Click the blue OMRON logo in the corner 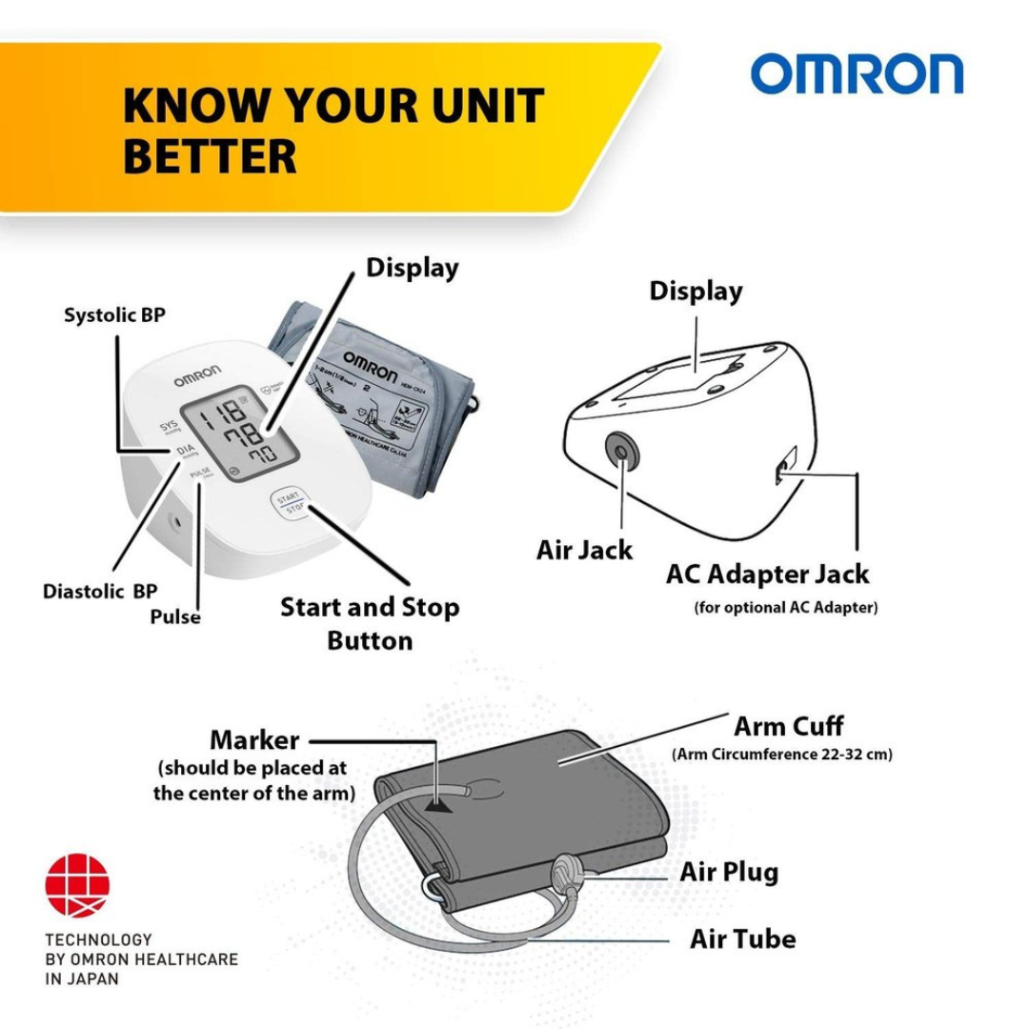click(857, 74)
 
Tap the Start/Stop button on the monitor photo click(288, 502)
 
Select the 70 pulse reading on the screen click(257, 454)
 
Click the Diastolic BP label click(100, 591)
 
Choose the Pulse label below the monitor click(175, 616)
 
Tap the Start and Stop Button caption click(370, 623)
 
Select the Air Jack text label click(584, 550)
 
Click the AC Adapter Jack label click(767, 574)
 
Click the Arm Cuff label click(788, 726)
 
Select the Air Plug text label click(729, 871)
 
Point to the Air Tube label click(742, 938)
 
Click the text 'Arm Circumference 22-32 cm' click(781, 755)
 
